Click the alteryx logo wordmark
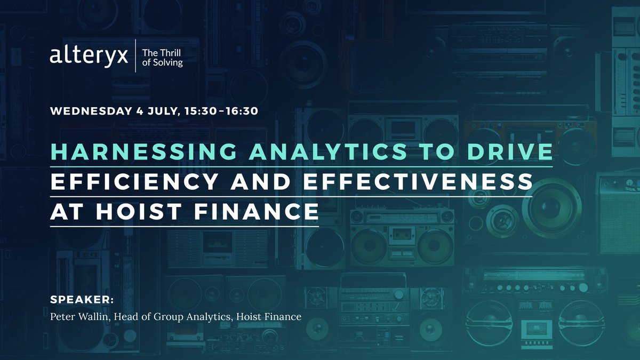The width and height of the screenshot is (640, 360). (89, 55)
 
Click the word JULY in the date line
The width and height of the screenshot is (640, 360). (160, 112)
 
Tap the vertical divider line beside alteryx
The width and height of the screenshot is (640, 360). (135, 55)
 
